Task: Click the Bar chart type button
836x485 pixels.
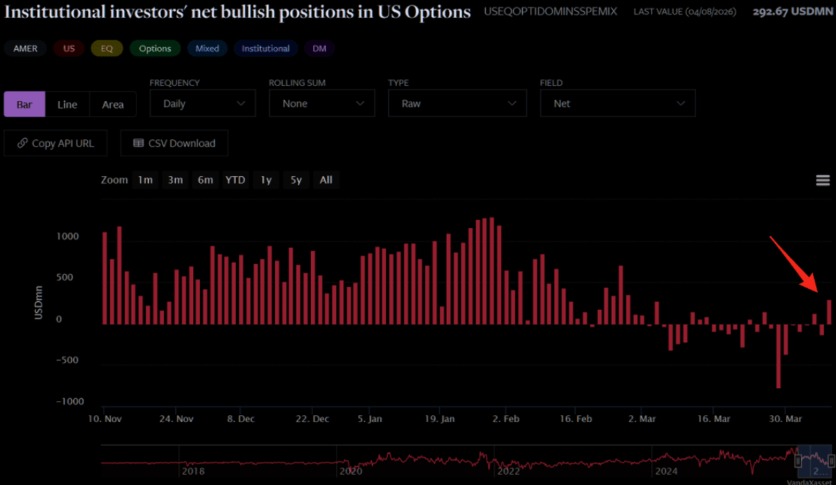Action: [x=25, y=104]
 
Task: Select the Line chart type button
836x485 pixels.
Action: [x=67, y=104]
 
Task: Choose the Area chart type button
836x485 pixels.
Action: [x=113, y=104]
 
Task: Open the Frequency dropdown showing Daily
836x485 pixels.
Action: [x=203, y=104]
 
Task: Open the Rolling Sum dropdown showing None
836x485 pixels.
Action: [x=322, y=104]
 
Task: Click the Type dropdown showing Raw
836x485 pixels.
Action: [x=457, y=104]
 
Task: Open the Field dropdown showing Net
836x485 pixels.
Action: [x=618, y=104]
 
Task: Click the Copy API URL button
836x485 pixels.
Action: [x=56, y=143]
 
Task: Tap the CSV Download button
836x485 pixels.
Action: [x=174, y=143]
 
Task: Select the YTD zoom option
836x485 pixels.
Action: [x=235, y=180]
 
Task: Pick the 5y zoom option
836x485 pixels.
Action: [x=296, y=180]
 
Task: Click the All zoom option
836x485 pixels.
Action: [x=326, y=180]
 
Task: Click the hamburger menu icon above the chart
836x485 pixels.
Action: [x=822, y=180]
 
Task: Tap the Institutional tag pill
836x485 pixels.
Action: [x=266, y=49]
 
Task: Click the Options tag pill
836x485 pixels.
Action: [x=155, y=49]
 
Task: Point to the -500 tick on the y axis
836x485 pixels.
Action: [x=67, y=360]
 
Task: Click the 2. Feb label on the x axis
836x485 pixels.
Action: [x=506, y=418]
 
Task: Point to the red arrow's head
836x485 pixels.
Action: [x=817, y=291]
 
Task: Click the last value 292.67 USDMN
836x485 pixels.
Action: [x=793, y=12]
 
